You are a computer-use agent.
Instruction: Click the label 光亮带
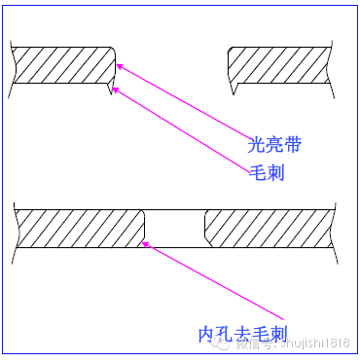pos(274,145)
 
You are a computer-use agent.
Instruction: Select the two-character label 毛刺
pos(266,172)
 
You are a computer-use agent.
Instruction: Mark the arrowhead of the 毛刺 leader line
pos(114,89)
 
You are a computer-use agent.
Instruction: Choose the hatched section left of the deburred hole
pos(78,226)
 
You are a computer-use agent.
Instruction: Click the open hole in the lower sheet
pos(175,226)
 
